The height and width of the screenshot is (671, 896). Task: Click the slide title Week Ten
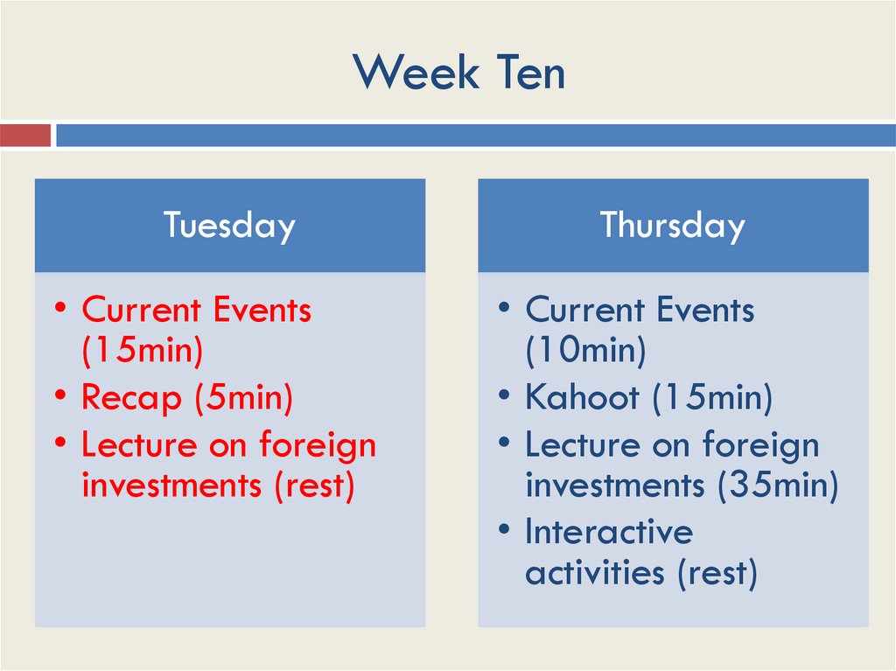[459, 72]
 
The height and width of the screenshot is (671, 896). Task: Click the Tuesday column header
[229, 226]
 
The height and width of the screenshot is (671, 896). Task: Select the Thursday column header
[672, 226]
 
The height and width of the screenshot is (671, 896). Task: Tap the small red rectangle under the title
[25, 136]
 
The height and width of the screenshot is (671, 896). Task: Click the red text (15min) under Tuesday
[142, 351]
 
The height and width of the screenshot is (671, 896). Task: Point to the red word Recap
[131, 398]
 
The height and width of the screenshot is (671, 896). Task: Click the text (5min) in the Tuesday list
[242, 398]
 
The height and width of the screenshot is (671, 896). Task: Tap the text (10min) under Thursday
[585, 351]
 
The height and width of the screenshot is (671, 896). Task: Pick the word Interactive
[608, 531]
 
